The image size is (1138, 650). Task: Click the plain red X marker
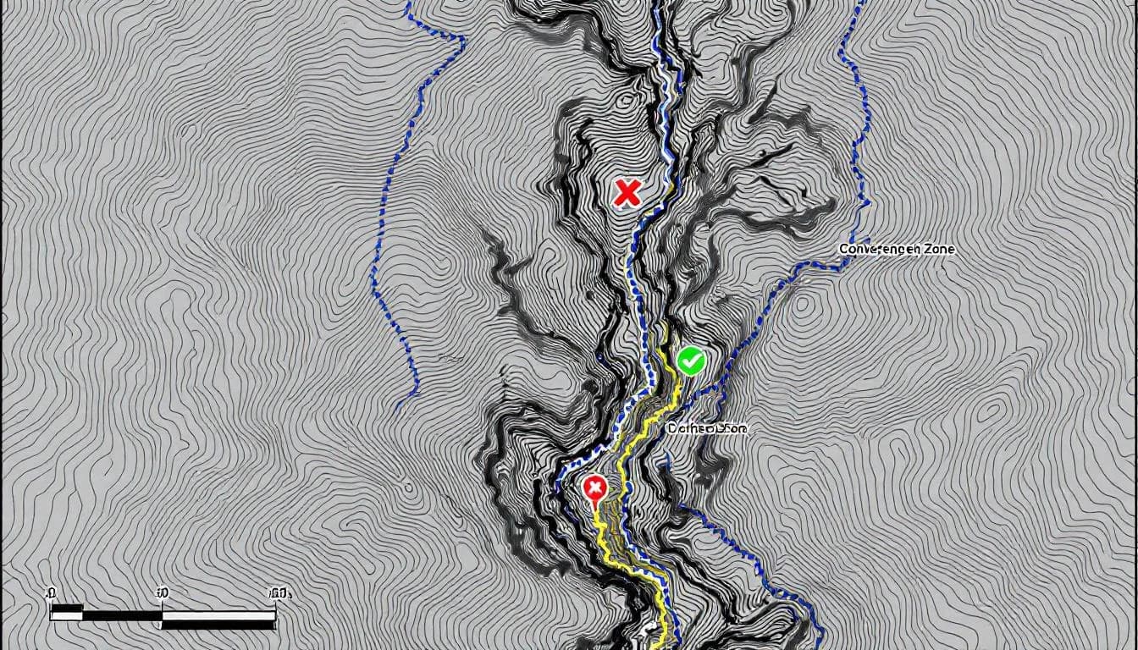point(627,194)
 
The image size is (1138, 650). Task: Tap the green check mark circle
point(691,361)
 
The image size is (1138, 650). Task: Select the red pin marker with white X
point(595,488)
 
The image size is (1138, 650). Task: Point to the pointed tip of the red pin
point(594,509)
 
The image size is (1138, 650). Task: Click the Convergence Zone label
point(896,250)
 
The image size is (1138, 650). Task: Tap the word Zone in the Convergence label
point(938,250)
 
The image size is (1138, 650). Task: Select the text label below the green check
point(707,428)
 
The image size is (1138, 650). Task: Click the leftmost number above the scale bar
point(51,592)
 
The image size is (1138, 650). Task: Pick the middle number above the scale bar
point(162,592)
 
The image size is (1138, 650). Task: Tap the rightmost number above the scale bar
point(279,592)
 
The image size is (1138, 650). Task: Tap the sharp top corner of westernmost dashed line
point(464,37)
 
